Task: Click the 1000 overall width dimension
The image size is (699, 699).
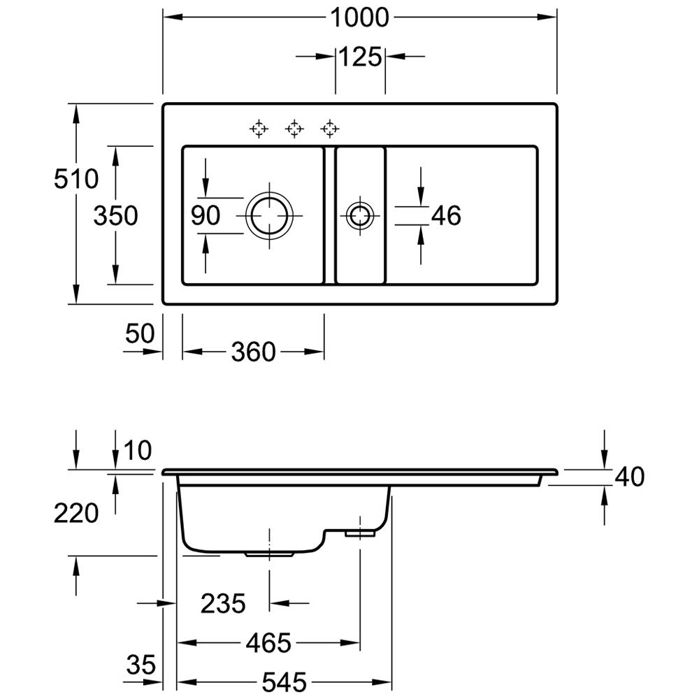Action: (359, 17)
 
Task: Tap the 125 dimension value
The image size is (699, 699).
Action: (361, 57)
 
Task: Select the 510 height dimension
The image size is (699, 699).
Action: (77, 180)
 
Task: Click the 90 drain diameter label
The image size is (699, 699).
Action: (206, 216)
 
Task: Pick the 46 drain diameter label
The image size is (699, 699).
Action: (446, 216)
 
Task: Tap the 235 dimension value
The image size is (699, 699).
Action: (223, 603)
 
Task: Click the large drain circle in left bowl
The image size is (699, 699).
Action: (270, 215)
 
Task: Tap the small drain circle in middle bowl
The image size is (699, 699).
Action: (360, 215)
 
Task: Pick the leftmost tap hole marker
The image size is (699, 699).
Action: (259, 128)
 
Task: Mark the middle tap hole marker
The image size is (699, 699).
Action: (294, 128)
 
